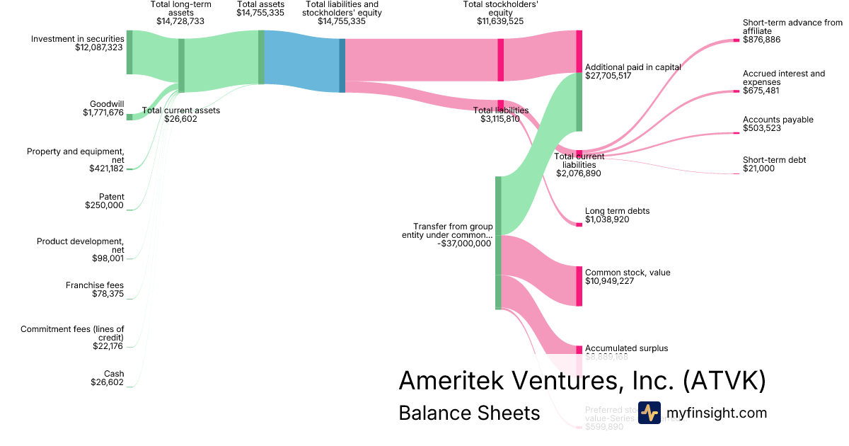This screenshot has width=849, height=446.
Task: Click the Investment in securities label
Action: (77, 39)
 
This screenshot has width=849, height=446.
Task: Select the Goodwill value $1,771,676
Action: (103, 113)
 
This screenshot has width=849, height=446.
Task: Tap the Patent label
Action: (112, 197)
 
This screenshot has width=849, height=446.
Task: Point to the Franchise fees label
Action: (95, 285)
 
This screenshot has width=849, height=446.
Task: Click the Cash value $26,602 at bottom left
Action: (107, 382)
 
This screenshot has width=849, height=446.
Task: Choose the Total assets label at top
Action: (261, 4)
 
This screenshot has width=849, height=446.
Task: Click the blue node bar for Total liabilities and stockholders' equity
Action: (342, 65)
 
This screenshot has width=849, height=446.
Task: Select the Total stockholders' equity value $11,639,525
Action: (500, 21)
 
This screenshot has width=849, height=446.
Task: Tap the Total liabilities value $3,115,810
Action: (500, 119)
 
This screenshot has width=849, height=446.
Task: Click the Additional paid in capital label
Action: (633, 67)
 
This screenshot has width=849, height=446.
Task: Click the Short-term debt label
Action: (774, 160)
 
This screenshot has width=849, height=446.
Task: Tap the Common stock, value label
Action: (628, 273)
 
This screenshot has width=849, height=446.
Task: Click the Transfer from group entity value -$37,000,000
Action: (463, 244)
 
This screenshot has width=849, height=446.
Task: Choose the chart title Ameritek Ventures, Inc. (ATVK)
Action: (582, 381)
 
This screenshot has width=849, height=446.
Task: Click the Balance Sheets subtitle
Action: (469, 413)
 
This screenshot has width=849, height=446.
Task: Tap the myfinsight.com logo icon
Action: (649, 413)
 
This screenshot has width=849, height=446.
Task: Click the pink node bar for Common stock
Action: (579, 286)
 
